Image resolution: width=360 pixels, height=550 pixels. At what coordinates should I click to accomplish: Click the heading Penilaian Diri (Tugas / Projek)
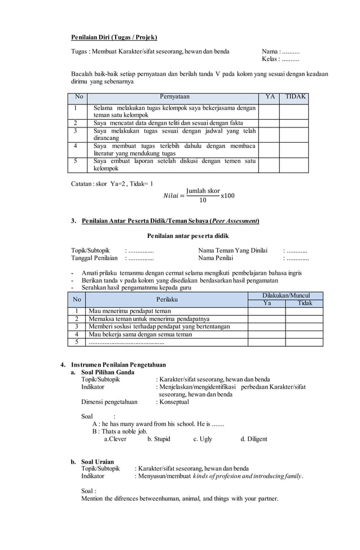click(x=113, y=37)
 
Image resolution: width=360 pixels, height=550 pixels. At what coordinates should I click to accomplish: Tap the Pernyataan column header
click(x=175, y=97)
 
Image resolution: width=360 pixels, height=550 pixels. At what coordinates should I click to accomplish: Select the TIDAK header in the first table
click(x=295, y=97)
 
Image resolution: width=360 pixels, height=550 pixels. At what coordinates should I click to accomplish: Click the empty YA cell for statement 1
click(x=270, y=111)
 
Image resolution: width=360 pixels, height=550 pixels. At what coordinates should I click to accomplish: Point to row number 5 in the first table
click(x=75, y=161)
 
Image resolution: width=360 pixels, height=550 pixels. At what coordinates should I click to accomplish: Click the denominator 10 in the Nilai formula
click(x=203, y=200)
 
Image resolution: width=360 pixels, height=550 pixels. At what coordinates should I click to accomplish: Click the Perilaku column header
click(x=167, y=299)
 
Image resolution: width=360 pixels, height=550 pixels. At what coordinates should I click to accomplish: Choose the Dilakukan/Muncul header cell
click(x=286, y=296)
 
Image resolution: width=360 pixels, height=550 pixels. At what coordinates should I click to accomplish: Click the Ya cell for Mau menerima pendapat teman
click(x=266, y=311)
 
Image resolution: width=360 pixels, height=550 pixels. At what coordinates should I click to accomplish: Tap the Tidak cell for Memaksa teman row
click(x=304, y=319)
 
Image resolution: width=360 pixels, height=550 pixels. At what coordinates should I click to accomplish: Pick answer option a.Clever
click(x=116, y=439)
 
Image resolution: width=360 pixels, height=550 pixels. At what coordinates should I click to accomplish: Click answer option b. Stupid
click(x=159, y=439)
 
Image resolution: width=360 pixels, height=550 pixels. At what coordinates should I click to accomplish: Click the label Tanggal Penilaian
click(x=94, y=258)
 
